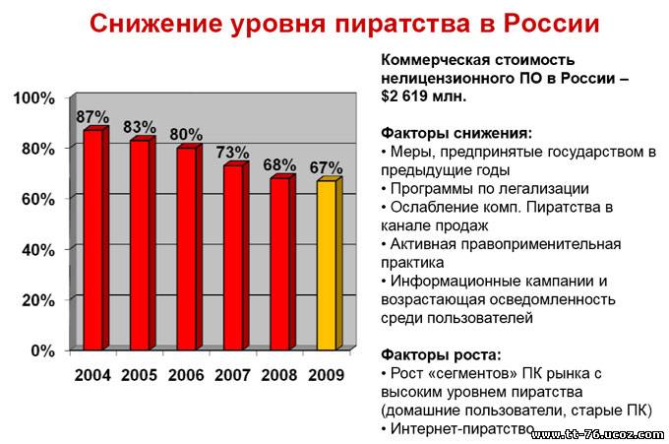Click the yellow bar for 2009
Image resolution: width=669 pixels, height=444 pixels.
pos(330,263)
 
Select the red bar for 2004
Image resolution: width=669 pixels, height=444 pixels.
pos(96,238)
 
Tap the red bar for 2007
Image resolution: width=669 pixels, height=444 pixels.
pos(236,256)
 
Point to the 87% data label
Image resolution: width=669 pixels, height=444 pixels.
pos(92,116)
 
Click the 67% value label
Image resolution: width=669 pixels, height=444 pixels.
pos(326,167)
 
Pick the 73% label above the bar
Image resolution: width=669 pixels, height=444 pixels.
pos(232,152)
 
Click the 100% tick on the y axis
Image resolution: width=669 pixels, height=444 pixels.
pos(34,98)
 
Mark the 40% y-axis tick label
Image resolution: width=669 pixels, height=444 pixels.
pos(38,250)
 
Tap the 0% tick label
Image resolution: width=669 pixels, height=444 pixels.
pos(43,350)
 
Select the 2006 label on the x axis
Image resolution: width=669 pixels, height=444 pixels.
pos(186,375)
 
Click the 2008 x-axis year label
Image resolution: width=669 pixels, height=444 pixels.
pos(279,375)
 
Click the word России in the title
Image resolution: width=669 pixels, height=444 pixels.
pos(551,24)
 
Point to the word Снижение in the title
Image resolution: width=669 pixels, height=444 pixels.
pos(156,24)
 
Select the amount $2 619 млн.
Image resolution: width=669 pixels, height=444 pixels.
pos(424,96)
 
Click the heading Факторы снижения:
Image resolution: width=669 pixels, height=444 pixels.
pos(456,133)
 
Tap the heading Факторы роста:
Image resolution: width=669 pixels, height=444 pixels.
pos(441,354)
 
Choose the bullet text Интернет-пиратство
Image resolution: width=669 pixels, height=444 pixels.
pos(462,428)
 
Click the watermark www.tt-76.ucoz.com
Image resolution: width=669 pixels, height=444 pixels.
pos(598,434)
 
